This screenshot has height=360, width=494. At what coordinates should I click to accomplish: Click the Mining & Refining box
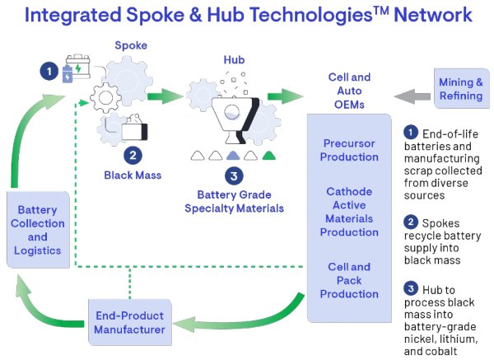tap(461, 90)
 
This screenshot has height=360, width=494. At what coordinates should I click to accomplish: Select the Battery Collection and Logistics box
tap(38, 230)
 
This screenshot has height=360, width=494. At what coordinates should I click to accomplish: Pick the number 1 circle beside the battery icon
tap(49, 72)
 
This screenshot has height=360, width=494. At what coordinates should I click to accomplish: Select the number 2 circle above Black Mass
tap(132, 154)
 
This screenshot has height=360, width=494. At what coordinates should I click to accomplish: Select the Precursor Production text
tap(349, 150)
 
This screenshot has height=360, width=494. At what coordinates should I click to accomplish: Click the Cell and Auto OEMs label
tap(349, 90)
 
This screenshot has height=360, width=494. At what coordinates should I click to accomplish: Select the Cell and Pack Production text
tap(349, 280)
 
